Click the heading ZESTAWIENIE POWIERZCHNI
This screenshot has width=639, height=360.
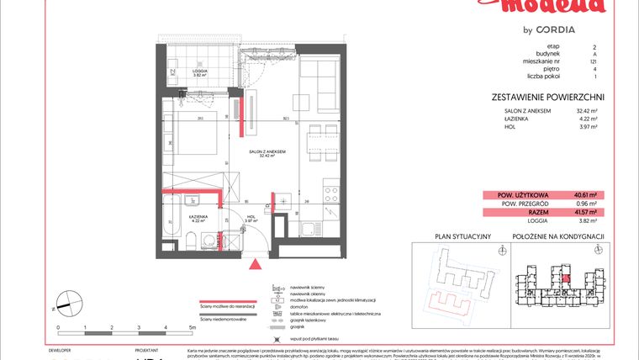tap(548, 97)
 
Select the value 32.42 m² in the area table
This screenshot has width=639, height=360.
tap(585, 110)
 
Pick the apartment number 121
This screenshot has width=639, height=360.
tap(594, 63)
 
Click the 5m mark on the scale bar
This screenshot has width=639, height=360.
tap(193, 326)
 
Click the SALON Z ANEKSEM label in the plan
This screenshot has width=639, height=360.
tap(268, 151)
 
